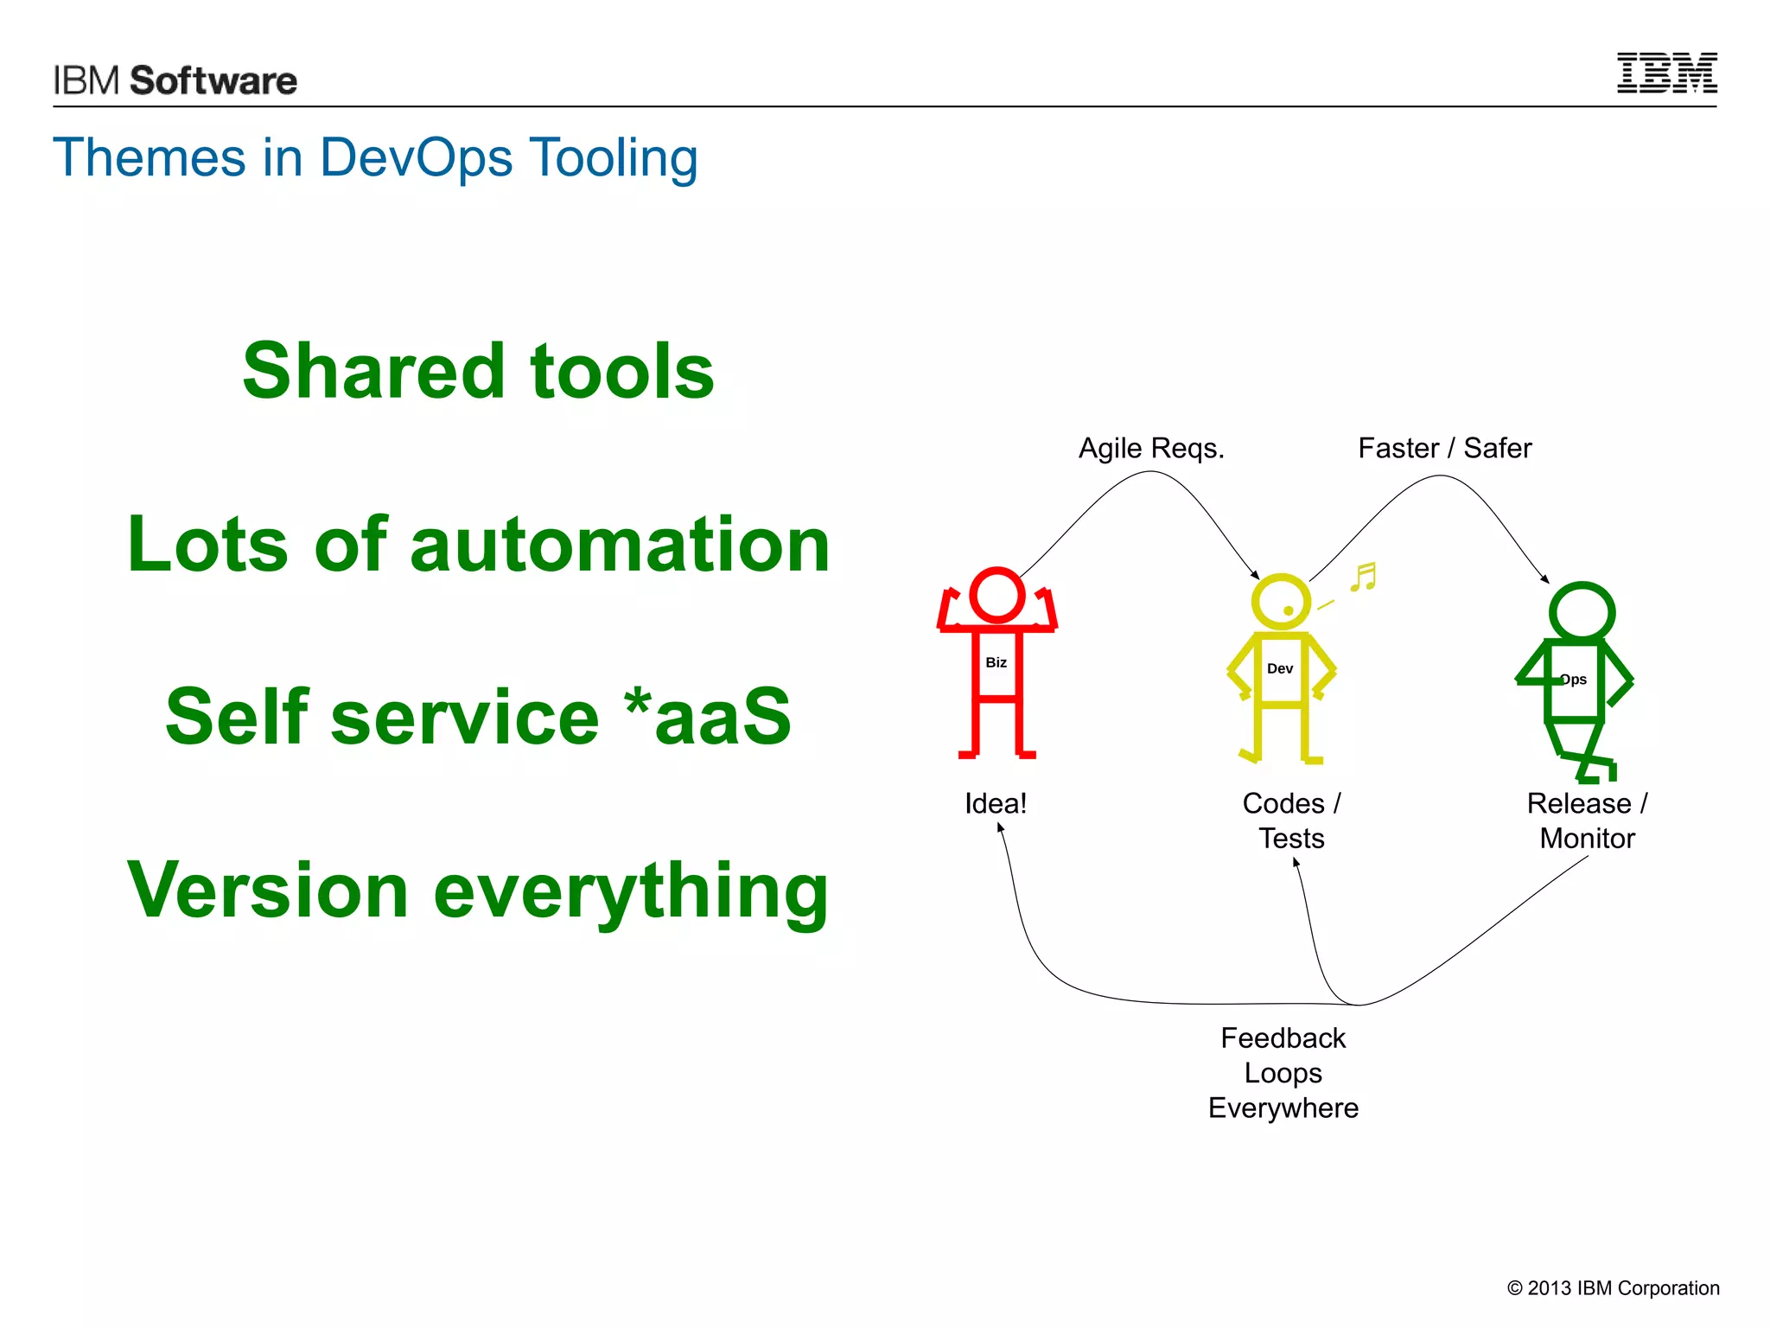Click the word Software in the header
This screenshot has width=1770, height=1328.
[x=213, y=80]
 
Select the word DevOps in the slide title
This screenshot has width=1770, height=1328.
[x=416, y=158]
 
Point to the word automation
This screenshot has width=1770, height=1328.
[x=620, y=545]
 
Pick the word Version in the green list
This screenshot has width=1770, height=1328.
[x=267, y=891]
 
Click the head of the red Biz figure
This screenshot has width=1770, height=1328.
[x=996, y=595]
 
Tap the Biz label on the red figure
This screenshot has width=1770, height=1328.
[x=996, y=662]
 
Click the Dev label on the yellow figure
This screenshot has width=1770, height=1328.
[x=1279, y=668]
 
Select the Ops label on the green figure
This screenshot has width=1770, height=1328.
[x=1574, y=680]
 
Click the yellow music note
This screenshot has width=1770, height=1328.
[x=1364, y=577]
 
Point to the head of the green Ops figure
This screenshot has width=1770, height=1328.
[x=1581, y=611]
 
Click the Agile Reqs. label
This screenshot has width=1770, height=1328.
[x=1150, y=448]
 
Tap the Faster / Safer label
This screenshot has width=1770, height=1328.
[x=1444, y=448]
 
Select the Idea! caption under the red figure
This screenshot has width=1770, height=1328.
[x=996, y=803]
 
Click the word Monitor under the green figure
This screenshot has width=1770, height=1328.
[x=1587, y=838]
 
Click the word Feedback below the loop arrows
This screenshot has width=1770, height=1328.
[x=1283, y=1037]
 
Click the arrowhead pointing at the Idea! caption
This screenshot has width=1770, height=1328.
[x=1000, y=827]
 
